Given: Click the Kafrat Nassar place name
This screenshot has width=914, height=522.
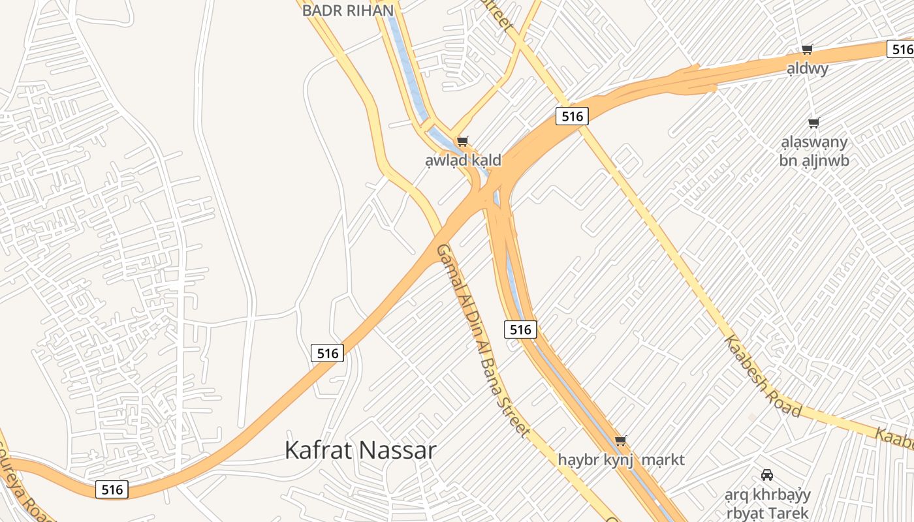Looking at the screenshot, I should [x=360, y=450].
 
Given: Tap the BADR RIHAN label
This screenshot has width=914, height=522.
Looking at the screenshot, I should [x=348, y=10].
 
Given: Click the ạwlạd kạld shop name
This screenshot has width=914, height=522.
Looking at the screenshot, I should [x=463, y=160].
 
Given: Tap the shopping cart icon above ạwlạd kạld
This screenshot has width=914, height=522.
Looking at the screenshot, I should [x=463, y=141].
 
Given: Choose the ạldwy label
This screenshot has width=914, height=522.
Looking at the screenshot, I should [x=808, y=68].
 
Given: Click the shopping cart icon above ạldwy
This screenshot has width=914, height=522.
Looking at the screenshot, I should [x=808, y=49].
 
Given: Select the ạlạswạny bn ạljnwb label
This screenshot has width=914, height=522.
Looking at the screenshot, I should [x=814, y=151].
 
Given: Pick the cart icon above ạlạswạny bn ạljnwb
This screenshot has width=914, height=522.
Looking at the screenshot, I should [x=813, y=123].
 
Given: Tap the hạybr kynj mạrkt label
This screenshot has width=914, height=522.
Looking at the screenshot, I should [x=621, y=459].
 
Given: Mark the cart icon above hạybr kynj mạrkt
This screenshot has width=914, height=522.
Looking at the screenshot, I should [x=621, y=441].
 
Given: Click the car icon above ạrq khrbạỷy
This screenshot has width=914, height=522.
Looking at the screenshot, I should [x=767, y=474].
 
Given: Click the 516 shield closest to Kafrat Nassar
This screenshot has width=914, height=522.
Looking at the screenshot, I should [x=327, y=353].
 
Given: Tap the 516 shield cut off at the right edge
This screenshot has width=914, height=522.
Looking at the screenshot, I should [x=902, y=49].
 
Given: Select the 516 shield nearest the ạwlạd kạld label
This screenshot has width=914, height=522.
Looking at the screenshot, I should [x=572, y=116].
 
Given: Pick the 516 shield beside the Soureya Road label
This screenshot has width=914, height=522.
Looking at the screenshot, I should [x=112, y=489].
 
